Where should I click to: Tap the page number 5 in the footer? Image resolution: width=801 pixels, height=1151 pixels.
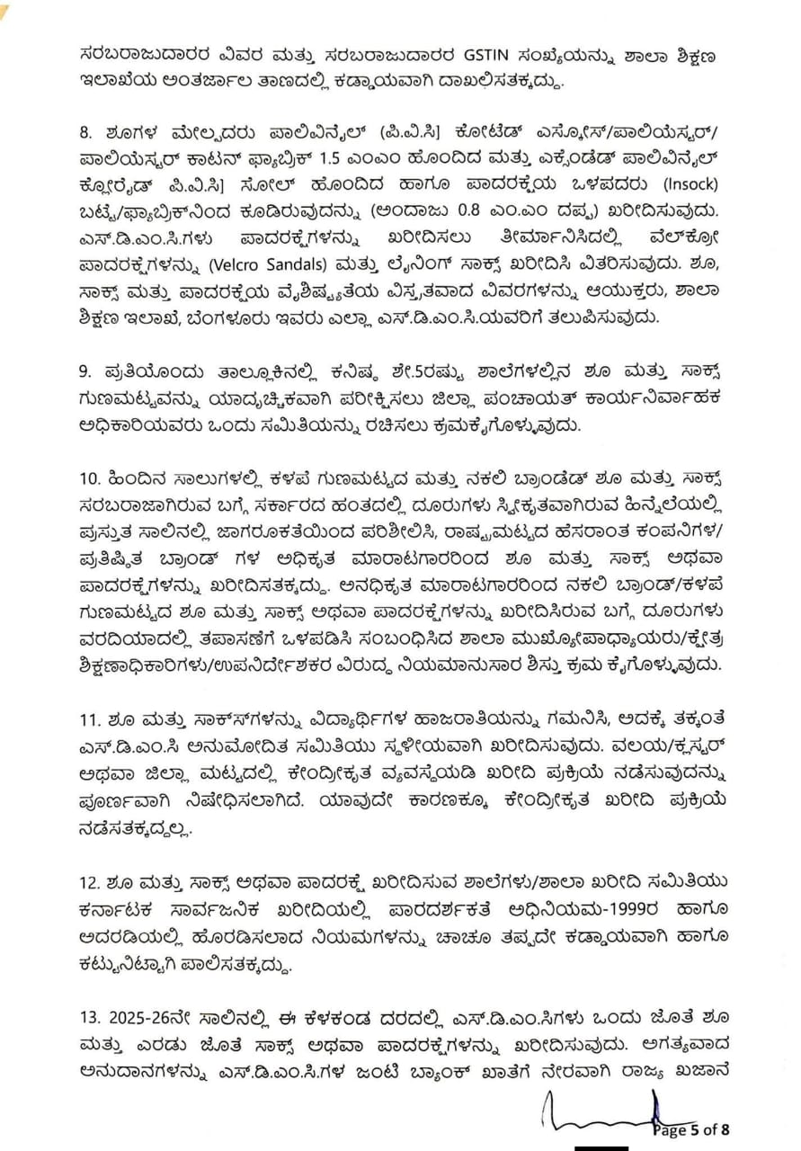(x=693, y=1130)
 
